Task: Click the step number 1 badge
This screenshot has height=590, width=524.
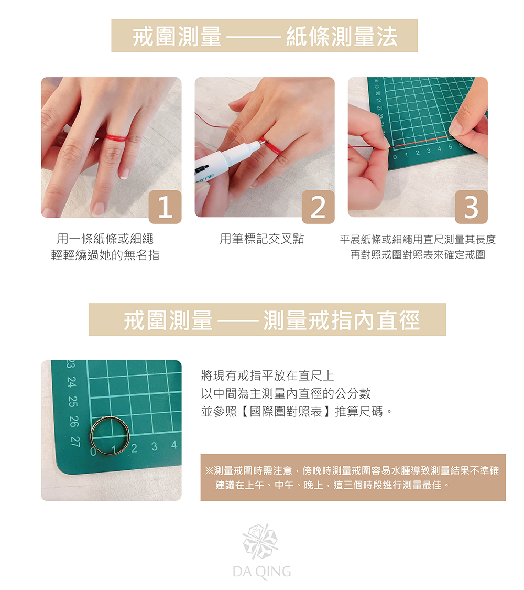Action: pyautogui.click(x=165, y=207)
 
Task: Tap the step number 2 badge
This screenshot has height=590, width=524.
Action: pyautogui.click(x=319, y=207)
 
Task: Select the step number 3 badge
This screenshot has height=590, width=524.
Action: pyautogui.click(x=472, y=207)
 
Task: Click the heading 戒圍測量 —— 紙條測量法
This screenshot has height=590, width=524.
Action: pyautogui.click(x=265, y=37)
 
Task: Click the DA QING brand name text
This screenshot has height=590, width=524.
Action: pyautogui.click(x=262, y=571)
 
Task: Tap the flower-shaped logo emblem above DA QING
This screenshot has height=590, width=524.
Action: pyautogui.click(x=260, y=541)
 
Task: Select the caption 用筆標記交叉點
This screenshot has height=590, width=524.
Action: pyautogui.click(x=262, y=239)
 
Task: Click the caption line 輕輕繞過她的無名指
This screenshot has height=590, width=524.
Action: pyautogui.click(x=105, y=255)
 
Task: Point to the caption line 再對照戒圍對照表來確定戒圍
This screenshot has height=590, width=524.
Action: pyautogui.click(x=418, y=255)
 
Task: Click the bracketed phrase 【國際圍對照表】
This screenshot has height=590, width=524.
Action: pyautogui.click(x=286, y=412)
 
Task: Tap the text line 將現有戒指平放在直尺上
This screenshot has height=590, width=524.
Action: pyautogui.click(x=268, y=376)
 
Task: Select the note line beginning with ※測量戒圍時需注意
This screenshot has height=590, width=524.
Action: pyautogui.click(x=352, y=470)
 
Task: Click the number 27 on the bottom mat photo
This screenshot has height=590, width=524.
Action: pyautogui.click(x=75, y=442)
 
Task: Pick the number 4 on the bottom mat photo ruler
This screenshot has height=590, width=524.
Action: pyautogui.click(x=174, y=445)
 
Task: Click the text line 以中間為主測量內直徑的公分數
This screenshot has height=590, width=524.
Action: pyautogui.click(x=286, y=393)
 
